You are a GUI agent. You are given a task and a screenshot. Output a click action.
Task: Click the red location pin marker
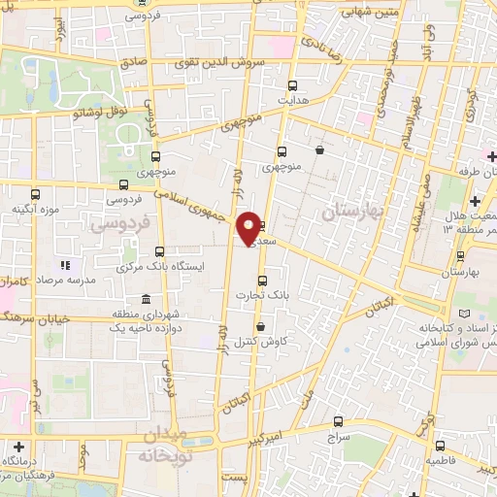(x=248, y=227)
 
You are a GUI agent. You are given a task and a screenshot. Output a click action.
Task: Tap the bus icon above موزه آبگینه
(x=122, y=184)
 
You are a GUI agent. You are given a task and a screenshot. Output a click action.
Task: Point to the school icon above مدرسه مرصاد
(x=65, y=264)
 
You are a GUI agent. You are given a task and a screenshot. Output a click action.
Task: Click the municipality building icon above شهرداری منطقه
(x=145, y=298)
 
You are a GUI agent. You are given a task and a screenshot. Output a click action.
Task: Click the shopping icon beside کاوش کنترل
(x=260, y=327)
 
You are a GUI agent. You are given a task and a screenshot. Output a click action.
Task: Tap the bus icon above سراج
(x=338, y=421)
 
